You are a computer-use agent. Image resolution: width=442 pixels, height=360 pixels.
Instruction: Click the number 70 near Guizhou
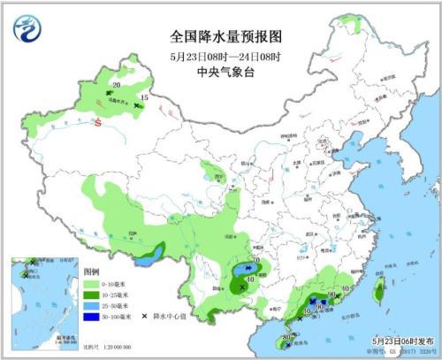pos(255,261)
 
